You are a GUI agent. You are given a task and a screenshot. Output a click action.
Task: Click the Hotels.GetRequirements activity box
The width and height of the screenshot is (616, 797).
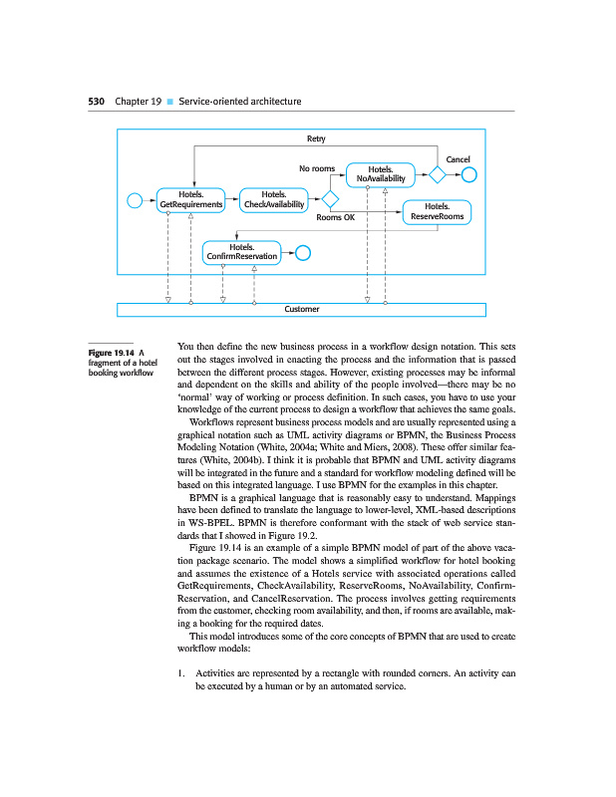coord(190,199)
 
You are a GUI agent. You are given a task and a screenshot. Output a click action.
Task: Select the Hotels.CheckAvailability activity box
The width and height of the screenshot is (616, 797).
coord(273,199)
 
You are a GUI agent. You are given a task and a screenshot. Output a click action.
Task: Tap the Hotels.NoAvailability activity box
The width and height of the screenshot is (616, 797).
coord(380,174)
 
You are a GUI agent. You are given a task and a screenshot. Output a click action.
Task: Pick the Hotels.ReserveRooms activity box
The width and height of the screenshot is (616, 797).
coord(436,211)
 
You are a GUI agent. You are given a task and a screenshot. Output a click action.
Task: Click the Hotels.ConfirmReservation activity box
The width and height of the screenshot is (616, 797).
coord(241,252)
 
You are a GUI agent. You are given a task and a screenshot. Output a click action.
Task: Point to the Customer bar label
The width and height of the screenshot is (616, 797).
coord(301,309)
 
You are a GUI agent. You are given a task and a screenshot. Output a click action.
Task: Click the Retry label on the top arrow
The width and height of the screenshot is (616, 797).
coord(315,138)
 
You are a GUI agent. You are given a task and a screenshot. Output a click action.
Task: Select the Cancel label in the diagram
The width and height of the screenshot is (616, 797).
coord(458,159)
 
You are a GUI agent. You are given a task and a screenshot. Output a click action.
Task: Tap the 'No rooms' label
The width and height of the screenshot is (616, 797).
coord(316,169)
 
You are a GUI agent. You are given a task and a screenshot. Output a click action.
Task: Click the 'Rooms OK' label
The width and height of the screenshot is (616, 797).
coord(335,217)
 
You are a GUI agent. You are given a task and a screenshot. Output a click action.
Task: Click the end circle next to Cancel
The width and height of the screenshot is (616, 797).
coord(469,175)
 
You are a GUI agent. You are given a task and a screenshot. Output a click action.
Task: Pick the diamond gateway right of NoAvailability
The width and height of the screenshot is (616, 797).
coord(436,175)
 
